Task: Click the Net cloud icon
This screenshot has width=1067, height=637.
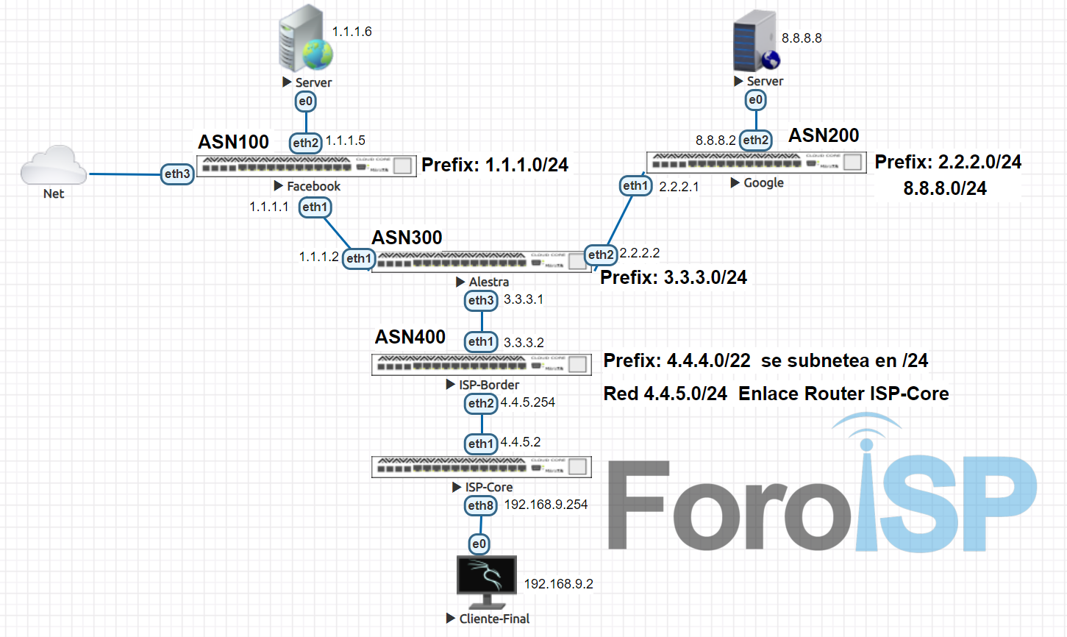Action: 53,166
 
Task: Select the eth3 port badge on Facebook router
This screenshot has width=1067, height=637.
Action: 177,174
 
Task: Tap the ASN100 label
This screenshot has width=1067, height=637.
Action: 233,142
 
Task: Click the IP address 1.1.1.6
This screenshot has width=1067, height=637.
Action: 351,32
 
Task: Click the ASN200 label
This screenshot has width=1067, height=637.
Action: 824,135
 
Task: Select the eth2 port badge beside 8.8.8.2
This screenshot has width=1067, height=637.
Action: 755,140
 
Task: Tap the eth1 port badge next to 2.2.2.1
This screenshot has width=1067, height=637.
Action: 635,186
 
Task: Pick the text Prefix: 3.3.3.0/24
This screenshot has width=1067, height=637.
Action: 674,277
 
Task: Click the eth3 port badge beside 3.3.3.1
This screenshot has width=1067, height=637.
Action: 481,300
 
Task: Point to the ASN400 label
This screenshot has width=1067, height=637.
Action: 410,337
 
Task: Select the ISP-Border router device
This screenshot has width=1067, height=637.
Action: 482,364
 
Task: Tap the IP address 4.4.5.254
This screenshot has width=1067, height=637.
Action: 528,402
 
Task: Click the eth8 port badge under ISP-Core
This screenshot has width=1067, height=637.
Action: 481,505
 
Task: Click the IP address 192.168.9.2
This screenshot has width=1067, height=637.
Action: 558,584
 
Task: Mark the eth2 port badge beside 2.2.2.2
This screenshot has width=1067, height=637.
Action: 600,255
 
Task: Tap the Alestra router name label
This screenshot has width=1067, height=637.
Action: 488,282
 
